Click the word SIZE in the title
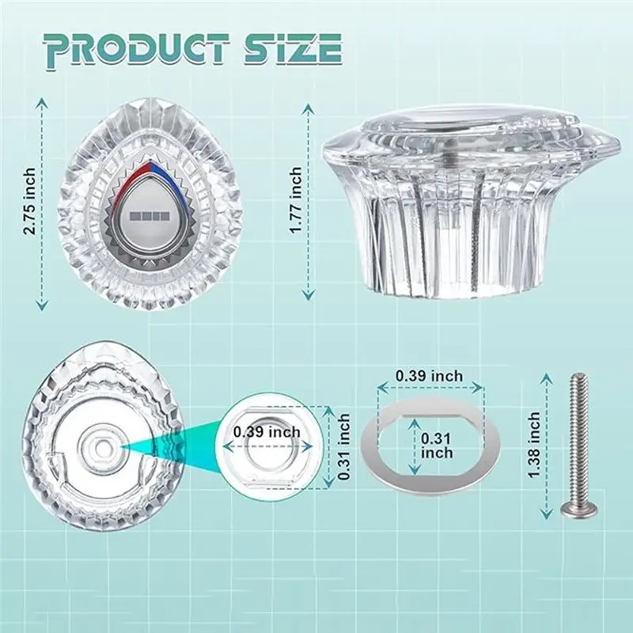pyautogui.click(x=294, y=49)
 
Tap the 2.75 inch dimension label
pyautogui.click(x=29, y=202)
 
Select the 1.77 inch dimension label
pyautogui.click(x=296, y=200)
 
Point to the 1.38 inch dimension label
pyautogui.click(x=533, y=445)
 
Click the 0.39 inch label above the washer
pyautogui.click(x=429, y=376)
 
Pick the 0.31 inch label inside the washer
pyautogui.click(x=437, y=445)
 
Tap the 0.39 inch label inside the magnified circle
pyautogui.click(x=267, y=432)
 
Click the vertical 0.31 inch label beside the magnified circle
pyautogui.click(x=343, y=446)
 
